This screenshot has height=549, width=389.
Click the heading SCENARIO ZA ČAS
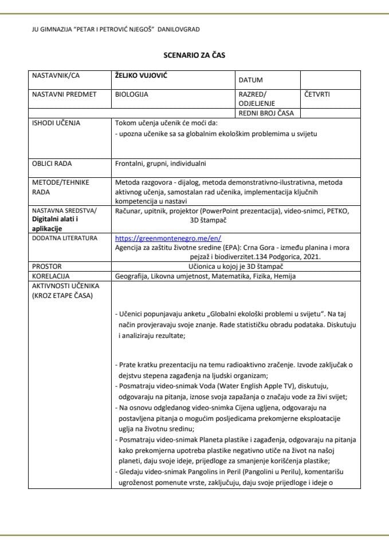point(194,55)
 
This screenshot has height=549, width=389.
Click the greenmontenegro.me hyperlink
point(168,238)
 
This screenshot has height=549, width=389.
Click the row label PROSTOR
point(46,266)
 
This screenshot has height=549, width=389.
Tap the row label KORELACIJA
point(50,276)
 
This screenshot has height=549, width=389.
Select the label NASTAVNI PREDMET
point(64,94)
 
